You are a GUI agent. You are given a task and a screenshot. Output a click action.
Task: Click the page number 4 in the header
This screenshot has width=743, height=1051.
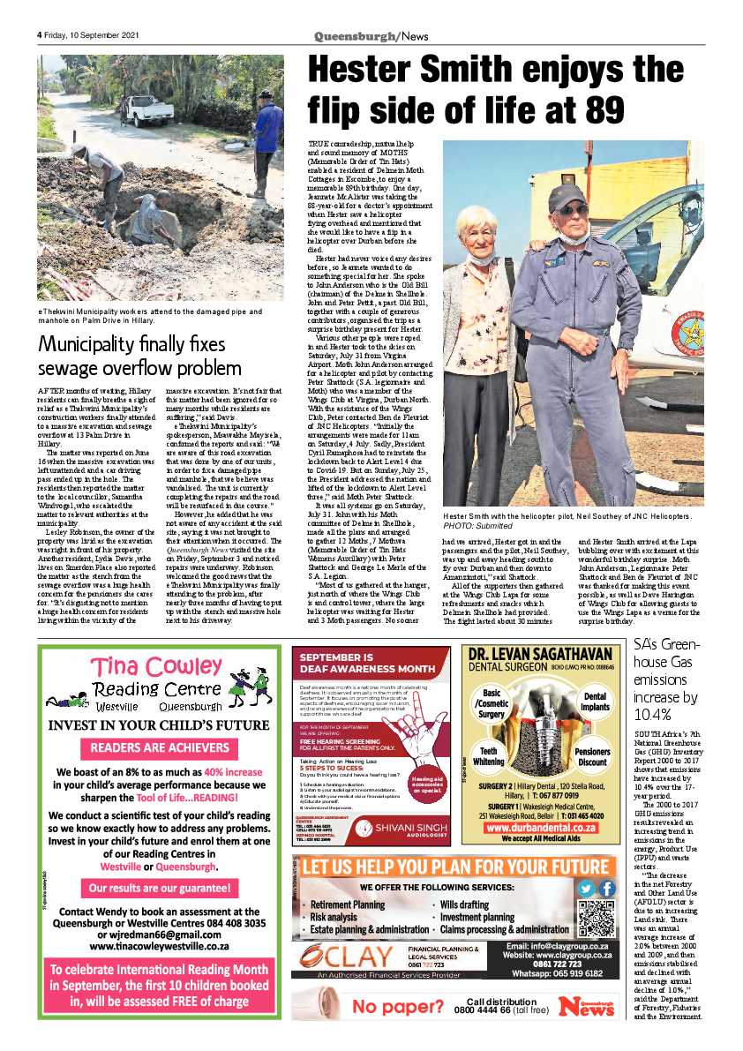click(40, 35)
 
